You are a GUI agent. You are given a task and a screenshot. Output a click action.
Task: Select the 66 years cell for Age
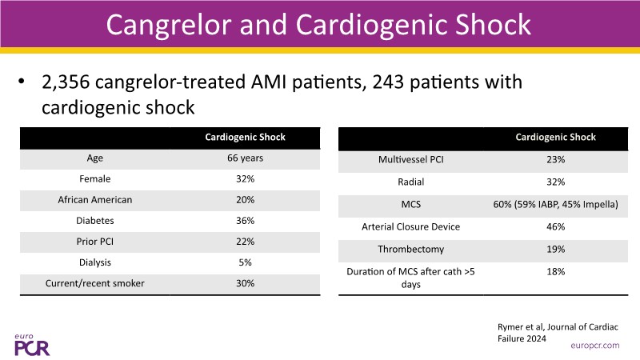[245, 158]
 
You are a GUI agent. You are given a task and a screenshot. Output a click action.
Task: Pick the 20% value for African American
[245, 200]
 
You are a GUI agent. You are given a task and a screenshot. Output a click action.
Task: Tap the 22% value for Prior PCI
[245, 242]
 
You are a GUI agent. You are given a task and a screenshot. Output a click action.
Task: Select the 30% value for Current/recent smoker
[245, 283]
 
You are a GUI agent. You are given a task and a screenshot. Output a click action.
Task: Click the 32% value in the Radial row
[556, 182]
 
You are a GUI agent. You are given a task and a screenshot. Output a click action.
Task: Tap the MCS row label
[410, 205]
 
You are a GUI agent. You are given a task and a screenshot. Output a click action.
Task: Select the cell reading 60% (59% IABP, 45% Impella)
[556, 205]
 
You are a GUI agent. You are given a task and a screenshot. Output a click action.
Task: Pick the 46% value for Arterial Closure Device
[556, 227]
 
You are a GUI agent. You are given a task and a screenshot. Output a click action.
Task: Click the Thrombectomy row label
[410, 250]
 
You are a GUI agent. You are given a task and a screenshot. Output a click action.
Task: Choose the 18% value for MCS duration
[556, 272]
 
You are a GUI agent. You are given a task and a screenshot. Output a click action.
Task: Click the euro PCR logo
[32, 343]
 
